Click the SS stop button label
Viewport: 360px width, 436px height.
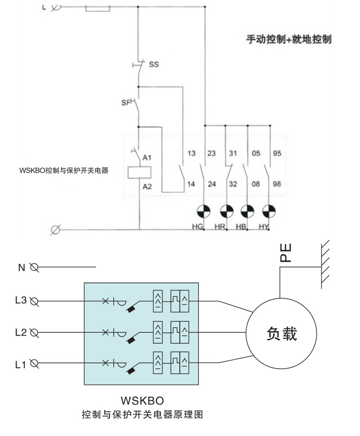154,64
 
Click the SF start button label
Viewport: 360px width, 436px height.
126,102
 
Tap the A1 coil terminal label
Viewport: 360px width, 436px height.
147,158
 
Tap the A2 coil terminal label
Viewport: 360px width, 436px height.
147,187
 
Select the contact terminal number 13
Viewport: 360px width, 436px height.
191,154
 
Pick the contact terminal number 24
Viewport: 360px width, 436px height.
211,184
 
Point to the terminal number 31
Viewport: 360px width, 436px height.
232,154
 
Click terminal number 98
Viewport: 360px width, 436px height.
277,184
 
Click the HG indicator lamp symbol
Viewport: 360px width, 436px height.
204,211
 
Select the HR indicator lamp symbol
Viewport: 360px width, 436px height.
226,211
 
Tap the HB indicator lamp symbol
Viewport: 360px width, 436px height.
247,211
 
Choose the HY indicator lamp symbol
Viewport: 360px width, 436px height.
269,211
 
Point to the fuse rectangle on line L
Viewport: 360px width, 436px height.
98,7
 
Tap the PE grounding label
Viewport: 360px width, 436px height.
286,253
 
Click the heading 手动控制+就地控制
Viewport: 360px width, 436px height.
288,39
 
